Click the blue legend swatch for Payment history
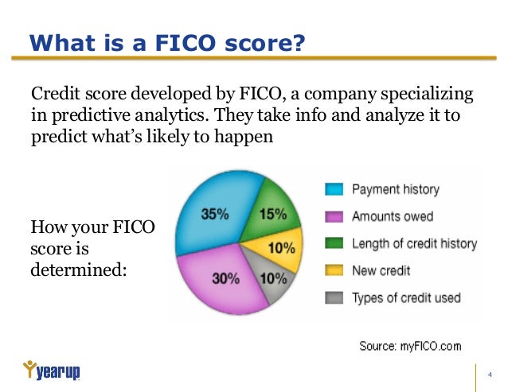334,189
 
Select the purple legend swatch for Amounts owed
334,216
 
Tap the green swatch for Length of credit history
334,243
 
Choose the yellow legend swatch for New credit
334,270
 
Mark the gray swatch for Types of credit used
334,297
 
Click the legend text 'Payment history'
395,189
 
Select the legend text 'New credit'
381,270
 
